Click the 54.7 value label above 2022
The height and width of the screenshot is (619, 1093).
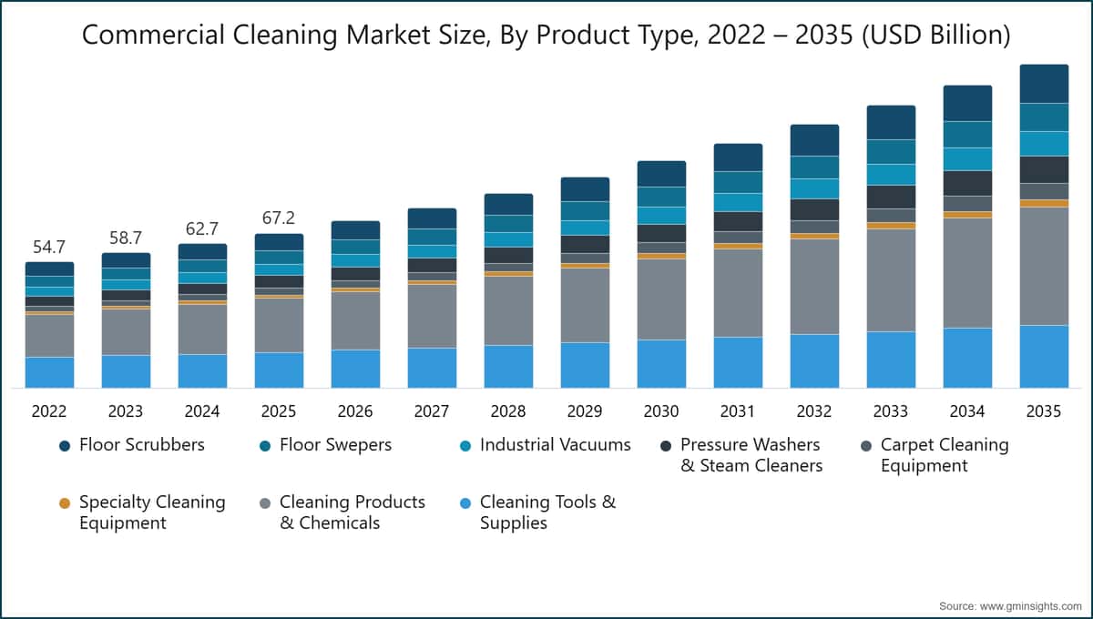click(49, 248)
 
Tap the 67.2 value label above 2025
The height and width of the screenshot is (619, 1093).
click(279, 218)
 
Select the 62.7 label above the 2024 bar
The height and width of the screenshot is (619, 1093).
click(202, 228)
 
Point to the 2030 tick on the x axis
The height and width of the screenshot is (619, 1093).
click(661, 411)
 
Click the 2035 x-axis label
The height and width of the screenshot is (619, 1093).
click(1044, 411)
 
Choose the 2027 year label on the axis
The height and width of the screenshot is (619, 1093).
click(432, 411)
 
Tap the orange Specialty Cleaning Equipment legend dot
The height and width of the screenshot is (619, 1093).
click(64, 502)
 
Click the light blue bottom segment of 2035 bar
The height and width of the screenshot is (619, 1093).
click(1044, 356)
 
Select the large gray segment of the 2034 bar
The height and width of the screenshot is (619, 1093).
click(967, 272)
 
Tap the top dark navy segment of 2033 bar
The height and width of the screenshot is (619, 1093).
click(891, 122)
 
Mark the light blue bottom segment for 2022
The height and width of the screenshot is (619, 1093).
click(49, 372)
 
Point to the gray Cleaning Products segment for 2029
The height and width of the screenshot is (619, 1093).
click(585, 305)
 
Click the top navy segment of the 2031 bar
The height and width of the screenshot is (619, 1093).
click(738, 157)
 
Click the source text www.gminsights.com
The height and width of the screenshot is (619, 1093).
click(1010, 605)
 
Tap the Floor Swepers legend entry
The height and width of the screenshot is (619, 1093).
click(335, 445)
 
